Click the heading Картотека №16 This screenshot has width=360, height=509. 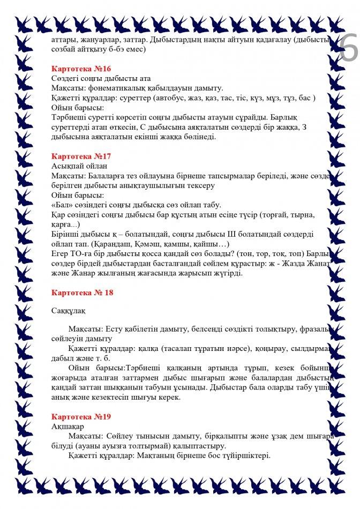tap(81, 69)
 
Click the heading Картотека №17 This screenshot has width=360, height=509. tap(81, 156)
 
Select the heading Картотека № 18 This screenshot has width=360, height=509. tap(82, 292)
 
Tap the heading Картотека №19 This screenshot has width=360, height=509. tap(81, 416)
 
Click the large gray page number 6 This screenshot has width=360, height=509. tap(349, 51)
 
